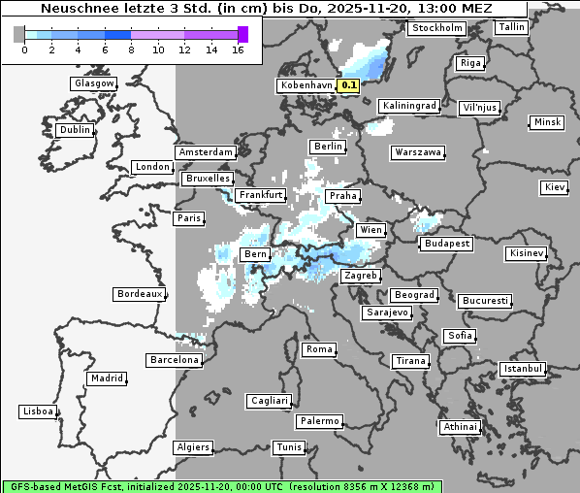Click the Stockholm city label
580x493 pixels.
pyautogui.click(x=435, y=28)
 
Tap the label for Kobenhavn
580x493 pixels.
pyautogui.click(x=306, y=85)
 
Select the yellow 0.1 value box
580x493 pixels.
pyautogui.click(x=349, y=85)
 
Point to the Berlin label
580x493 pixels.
pyautogui.click(x=328, y=147)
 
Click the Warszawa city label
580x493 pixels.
pyautogui.click(x=418, y=152)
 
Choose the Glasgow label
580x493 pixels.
pyautogui.click(x=94, y=83)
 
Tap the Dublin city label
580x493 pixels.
pyautogui.click(x=74, y=130)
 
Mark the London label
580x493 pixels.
pyautogui.click(x=152, y=167)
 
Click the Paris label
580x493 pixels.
pyautogui.click(x=189, y=218)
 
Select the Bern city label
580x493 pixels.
pyautogui.click(x=255, y=254)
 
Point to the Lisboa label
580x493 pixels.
pyautogui.click(x=38, y=411)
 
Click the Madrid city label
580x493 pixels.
pyautogui.click(x=106, y=378)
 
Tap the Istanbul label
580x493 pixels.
pyautogui.click(x=523, y=370)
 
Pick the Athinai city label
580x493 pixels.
pyautogui.click(x=460, y=427)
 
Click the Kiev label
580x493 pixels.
pyautogui.click(x=555, y=187)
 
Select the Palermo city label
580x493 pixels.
pyautogui.click(x=319, y=421)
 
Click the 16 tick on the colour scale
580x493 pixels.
pyautogui.click(x=238, y=49)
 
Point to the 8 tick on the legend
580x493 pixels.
pyautogui.click(x=131, y=49)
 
